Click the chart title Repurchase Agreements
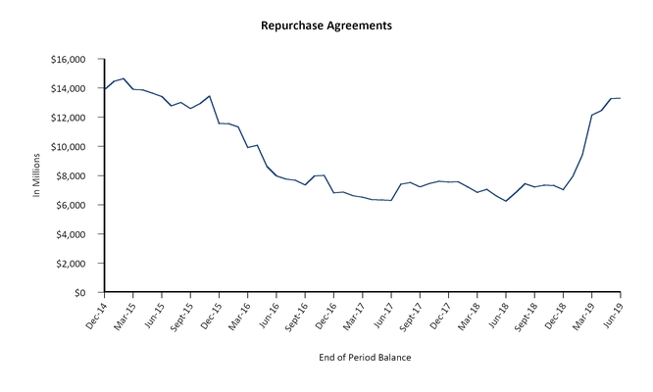pyautogui.click(x=326, y=24)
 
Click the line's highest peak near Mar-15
pyautogui.click(x=124, y=78)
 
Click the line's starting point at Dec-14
pyautogui.click(x=104, y=90)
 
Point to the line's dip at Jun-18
pyautogui.click(x=506, y=201)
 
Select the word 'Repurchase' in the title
pyautogui.click(x=292, y=24)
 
